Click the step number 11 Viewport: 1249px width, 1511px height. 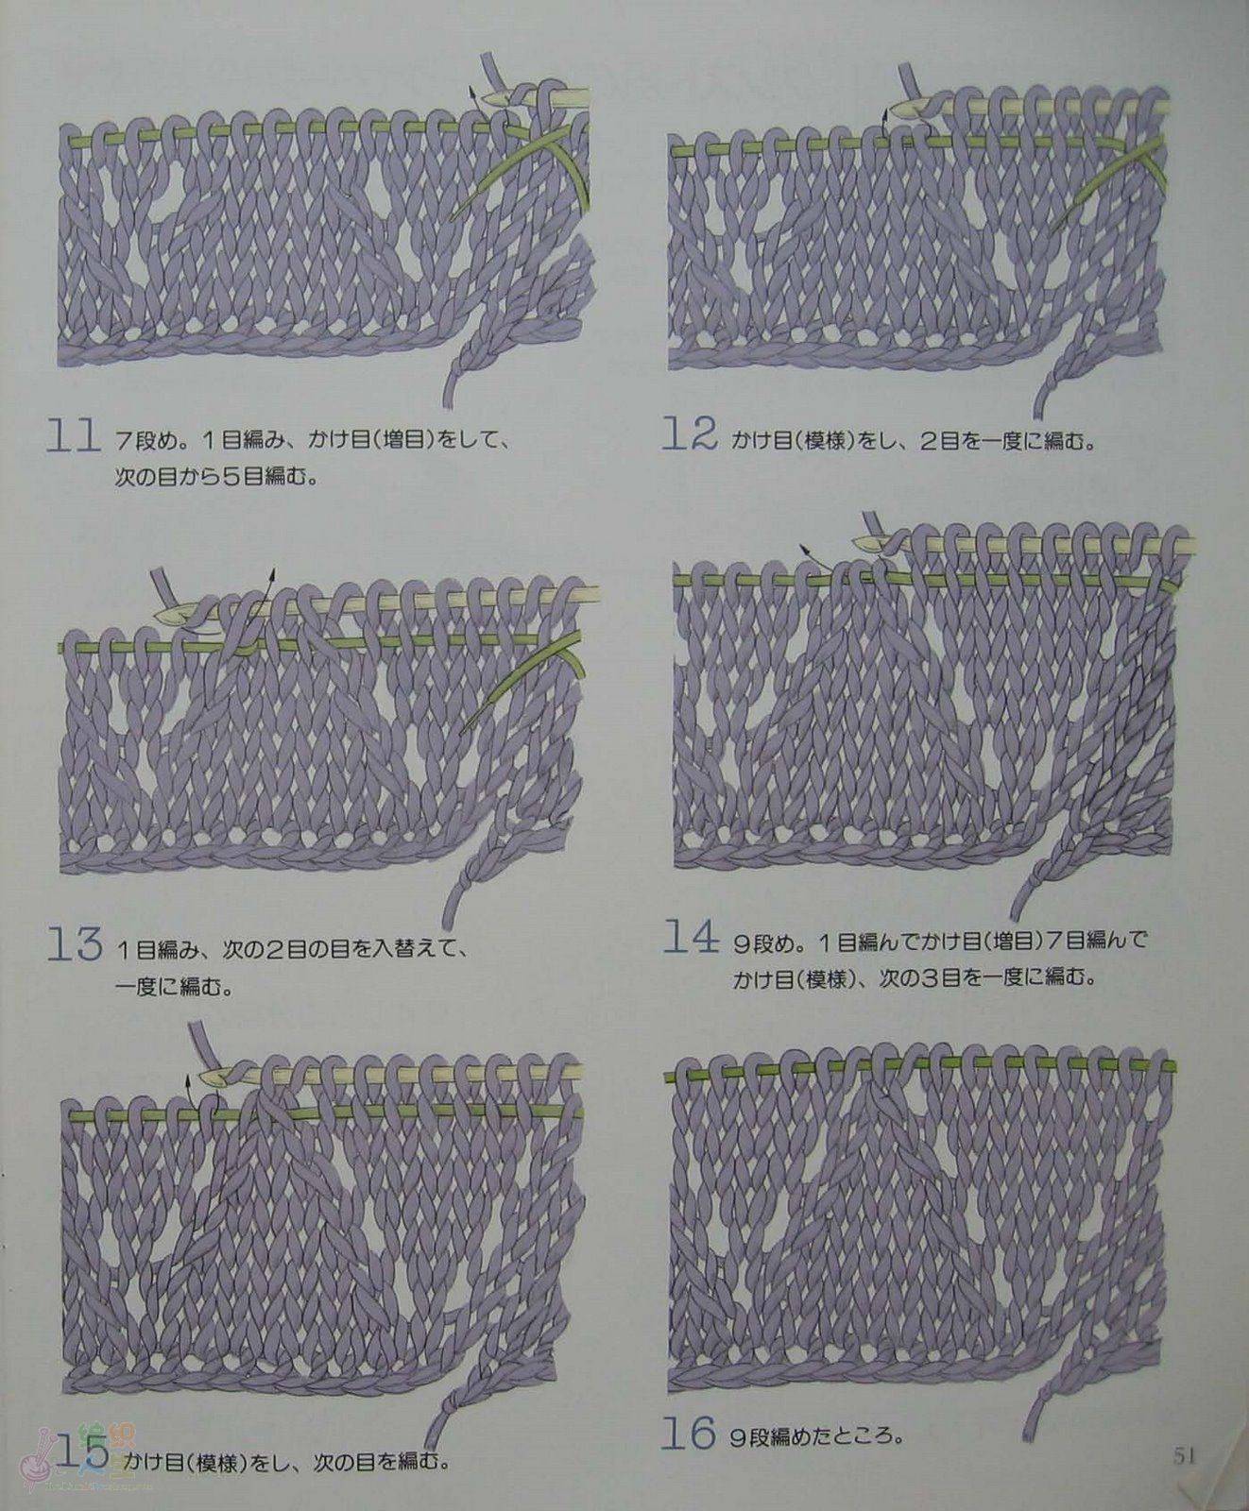(x=73, y=439)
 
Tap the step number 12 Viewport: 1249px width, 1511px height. (x=690, y=435)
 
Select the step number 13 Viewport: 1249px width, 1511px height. (x=75, y=945)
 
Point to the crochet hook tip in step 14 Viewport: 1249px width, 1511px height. (x=856, y=542)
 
